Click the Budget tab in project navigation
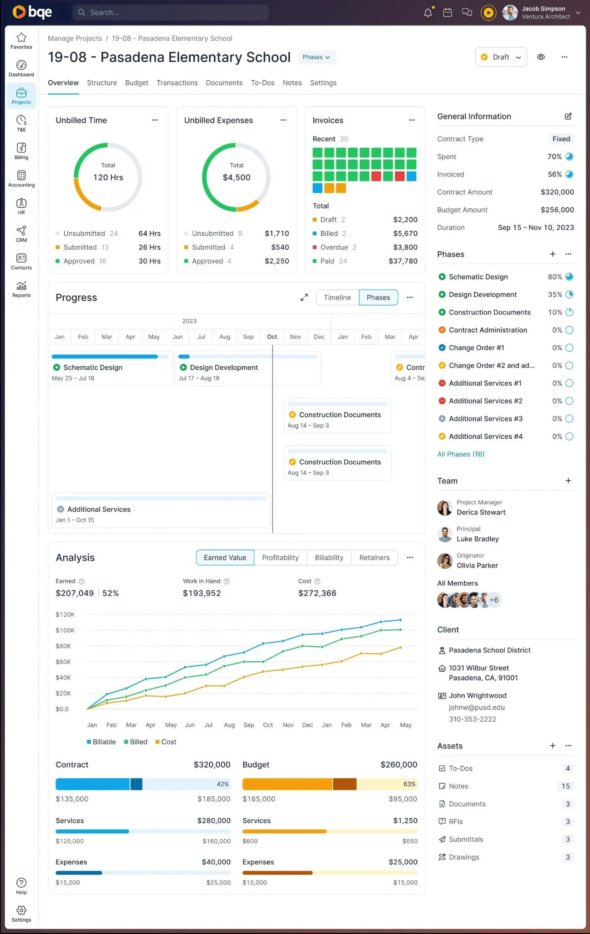(137, 83)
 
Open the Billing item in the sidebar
(21, 151)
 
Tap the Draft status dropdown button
(501, 57)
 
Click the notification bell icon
(428, 13)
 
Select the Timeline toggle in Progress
(337, 297)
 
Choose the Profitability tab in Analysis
(280, 557)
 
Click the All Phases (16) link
(461, 454)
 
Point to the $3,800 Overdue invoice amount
(405, 247)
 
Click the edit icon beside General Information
(568, 116)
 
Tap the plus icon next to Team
(568, 481)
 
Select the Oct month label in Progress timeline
(272, 337)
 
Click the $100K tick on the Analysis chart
(65, 630)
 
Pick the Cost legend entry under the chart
(166, 742)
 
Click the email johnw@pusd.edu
(477, 707)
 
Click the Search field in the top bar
(170, 12)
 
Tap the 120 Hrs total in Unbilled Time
(108, 177)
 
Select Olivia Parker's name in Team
(477, 566)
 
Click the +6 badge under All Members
(494, 600)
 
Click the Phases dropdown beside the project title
(317, 57)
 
